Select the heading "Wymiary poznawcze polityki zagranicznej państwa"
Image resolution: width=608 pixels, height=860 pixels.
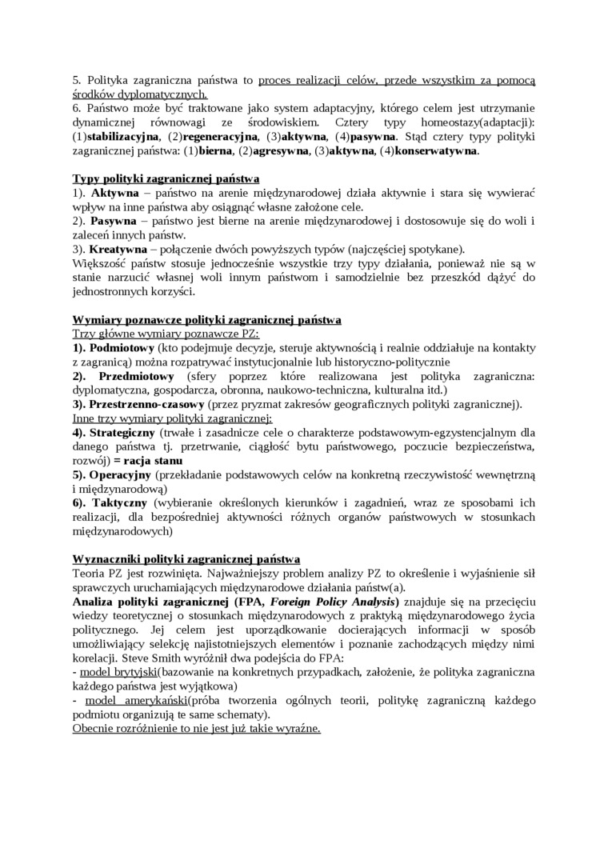click(207, 320)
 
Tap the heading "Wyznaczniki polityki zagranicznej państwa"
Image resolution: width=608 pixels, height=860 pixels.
click(186, 558)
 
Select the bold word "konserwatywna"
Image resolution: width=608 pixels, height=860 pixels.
click(436, 150)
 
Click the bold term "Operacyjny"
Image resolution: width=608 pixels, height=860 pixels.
click(120, 474)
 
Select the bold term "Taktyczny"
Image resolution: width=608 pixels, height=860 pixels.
click(119, 502)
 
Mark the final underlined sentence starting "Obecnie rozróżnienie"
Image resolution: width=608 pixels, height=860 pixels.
click(196, 728)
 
